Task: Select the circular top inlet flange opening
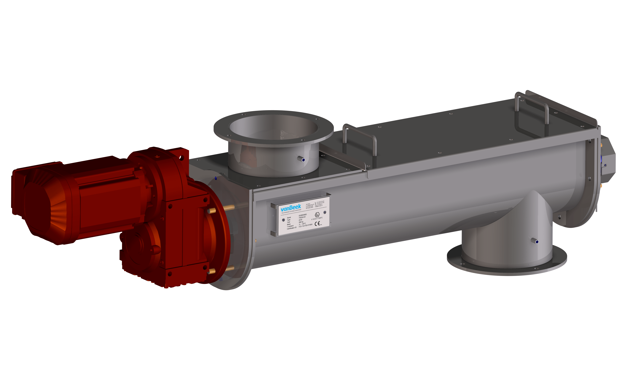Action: click(273, 127)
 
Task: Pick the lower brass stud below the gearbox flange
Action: click(212, 271)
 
